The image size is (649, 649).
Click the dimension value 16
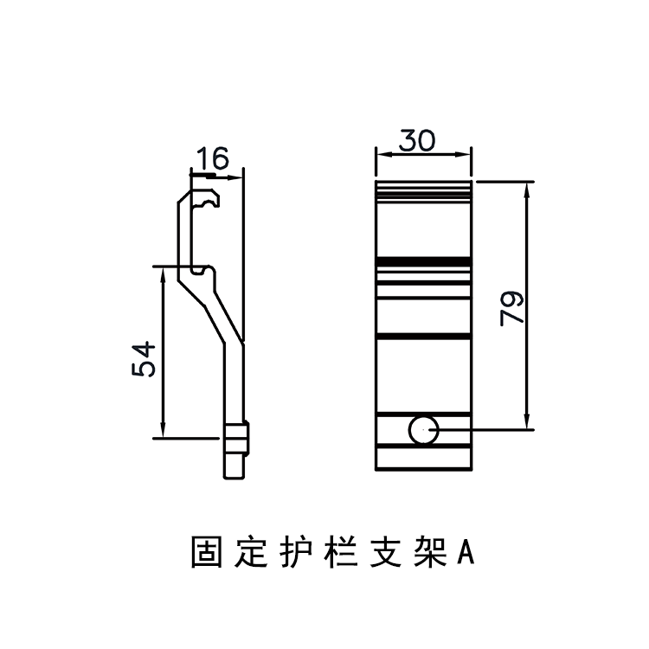[x=212, y=157]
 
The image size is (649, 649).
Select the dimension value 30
[x=417, y=140]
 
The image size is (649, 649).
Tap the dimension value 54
[x=144, y=359]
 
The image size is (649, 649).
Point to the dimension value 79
[x=512, y=309]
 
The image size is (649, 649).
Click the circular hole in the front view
[x=423, y=430]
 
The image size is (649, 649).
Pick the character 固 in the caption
[x=207, y=552]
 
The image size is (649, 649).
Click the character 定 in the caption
[x=251, y=552]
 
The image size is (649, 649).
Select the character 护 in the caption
[x=296, y=552]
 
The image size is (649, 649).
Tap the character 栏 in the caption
[x=341, y=552]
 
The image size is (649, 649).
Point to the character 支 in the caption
[x=386, y=552]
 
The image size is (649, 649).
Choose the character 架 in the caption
[x=430, y=552]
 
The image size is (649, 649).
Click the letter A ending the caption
[x=466, y=553]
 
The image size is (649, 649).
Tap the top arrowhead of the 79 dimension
[x=526, y=190]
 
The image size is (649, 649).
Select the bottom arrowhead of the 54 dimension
[x=163, y=430]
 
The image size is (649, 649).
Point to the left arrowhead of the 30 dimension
[x=383, y=154]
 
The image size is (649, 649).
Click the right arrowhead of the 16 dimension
[x=235, y=178]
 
